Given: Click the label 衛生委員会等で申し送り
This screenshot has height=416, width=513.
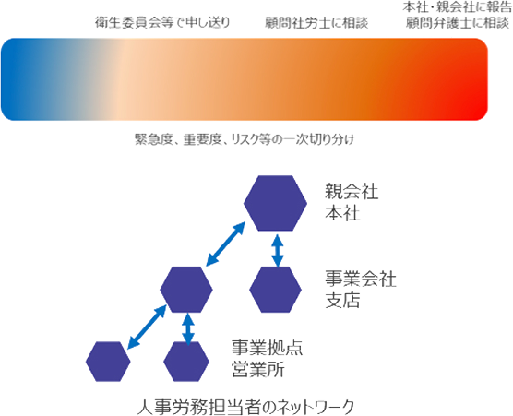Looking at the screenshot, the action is tap(162, 22).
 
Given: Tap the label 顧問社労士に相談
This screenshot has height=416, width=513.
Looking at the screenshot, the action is tap(316, 23).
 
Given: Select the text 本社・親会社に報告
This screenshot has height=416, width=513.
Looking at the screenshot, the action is tap(457, 7).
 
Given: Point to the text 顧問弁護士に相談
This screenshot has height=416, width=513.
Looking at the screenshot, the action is tap(458, 23).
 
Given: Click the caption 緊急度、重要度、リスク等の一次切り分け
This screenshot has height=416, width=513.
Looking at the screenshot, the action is tap(245, 139).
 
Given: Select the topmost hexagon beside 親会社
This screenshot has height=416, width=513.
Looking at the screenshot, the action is tap(275, 203).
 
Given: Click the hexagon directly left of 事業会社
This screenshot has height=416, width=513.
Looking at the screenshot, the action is tap(275, 290).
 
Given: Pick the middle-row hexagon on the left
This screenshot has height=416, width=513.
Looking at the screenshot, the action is tap(186, 290).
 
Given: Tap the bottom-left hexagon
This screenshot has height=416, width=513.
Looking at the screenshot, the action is tap(108, 362).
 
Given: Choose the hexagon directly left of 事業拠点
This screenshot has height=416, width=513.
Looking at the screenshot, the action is tap(186, 362).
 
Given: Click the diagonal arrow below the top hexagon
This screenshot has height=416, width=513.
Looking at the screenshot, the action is tap(225, 244).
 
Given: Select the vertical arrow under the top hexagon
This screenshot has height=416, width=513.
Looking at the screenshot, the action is tap(278, 251).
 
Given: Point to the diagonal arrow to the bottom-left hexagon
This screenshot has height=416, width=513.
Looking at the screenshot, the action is tap(147, 327).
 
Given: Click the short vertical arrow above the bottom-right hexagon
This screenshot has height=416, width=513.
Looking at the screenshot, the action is tap(188, 329).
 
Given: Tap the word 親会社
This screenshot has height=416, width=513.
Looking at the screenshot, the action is tap(352, 192).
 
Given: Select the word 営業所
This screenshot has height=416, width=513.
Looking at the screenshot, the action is tap(258, 369).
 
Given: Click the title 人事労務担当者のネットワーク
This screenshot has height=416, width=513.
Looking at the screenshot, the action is tap(245, 407).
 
